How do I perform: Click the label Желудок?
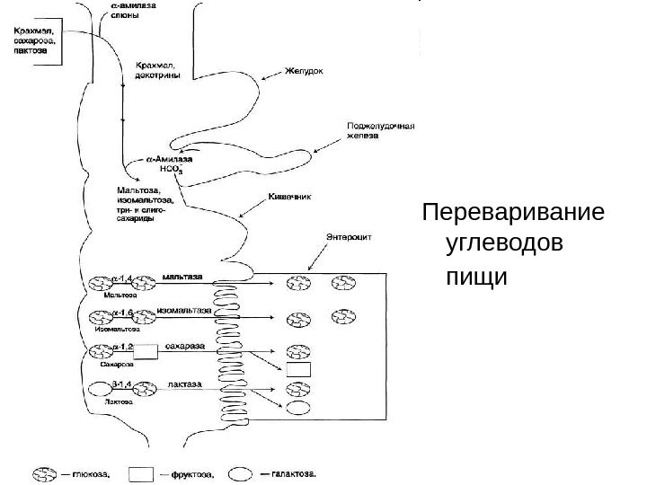click(304, 70)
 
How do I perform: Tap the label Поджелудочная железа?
click(380, 131)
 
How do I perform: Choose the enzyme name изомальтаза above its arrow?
click(183, 310)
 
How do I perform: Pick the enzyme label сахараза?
click(185, 346)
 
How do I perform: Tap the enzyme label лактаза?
click(184, 383)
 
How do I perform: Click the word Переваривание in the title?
click(513, 216)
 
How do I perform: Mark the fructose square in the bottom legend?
click(141, 474)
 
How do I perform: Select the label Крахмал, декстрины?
click(156, 70)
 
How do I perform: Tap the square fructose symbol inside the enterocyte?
click(298, 369)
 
